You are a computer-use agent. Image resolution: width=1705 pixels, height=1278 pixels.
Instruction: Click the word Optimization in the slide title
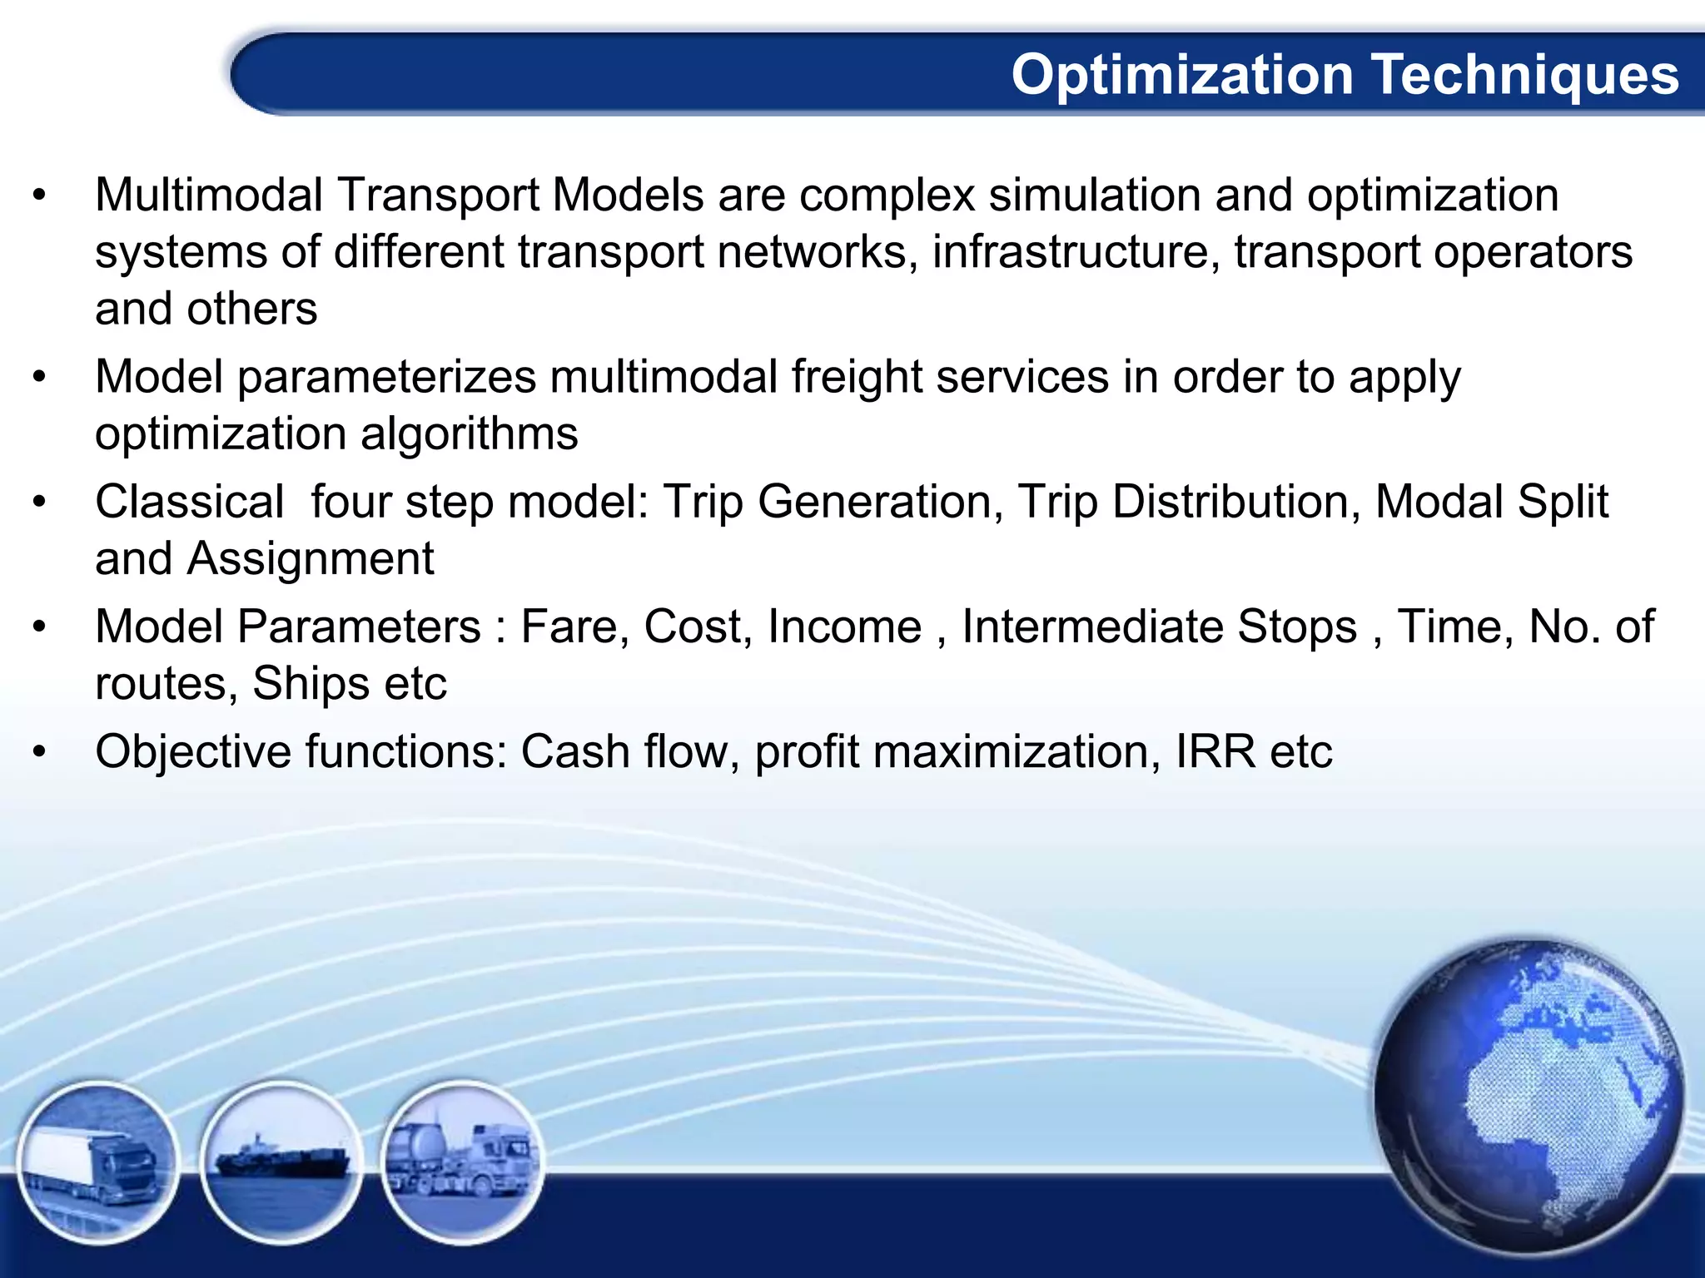point(1182,76)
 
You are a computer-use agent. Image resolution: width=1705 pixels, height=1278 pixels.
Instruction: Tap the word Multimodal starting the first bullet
point(208,196)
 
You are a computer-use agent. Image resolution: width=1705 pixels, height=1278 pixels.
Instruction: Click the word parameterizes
point(386,377)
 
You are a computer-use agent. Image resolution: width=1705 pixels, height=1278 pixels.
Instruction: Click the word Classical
point(190,503)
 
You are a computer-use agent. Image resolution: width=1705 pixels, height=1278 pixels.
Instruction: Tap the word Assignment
point(310,559)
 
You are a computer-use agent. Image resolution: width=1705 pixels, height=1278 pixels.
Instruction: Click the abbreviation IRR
point(1215,752)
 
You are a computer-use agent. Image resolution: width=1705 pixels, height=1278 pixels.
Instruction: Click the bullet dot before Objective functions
point(39,752)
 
